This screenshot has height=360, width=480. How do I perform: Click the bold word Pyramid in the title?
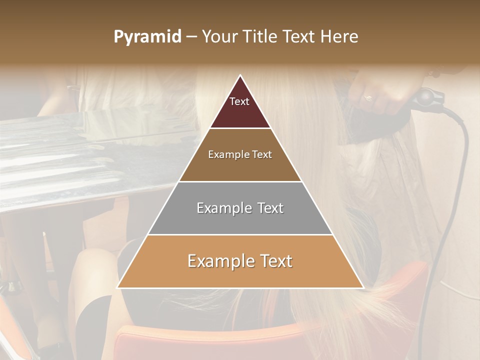[147, 37]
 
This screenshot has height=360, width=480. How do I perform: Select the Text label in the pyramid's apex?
[239, 101]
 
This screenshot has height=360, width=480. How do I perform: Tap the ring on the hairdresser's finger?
[367, 98]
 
